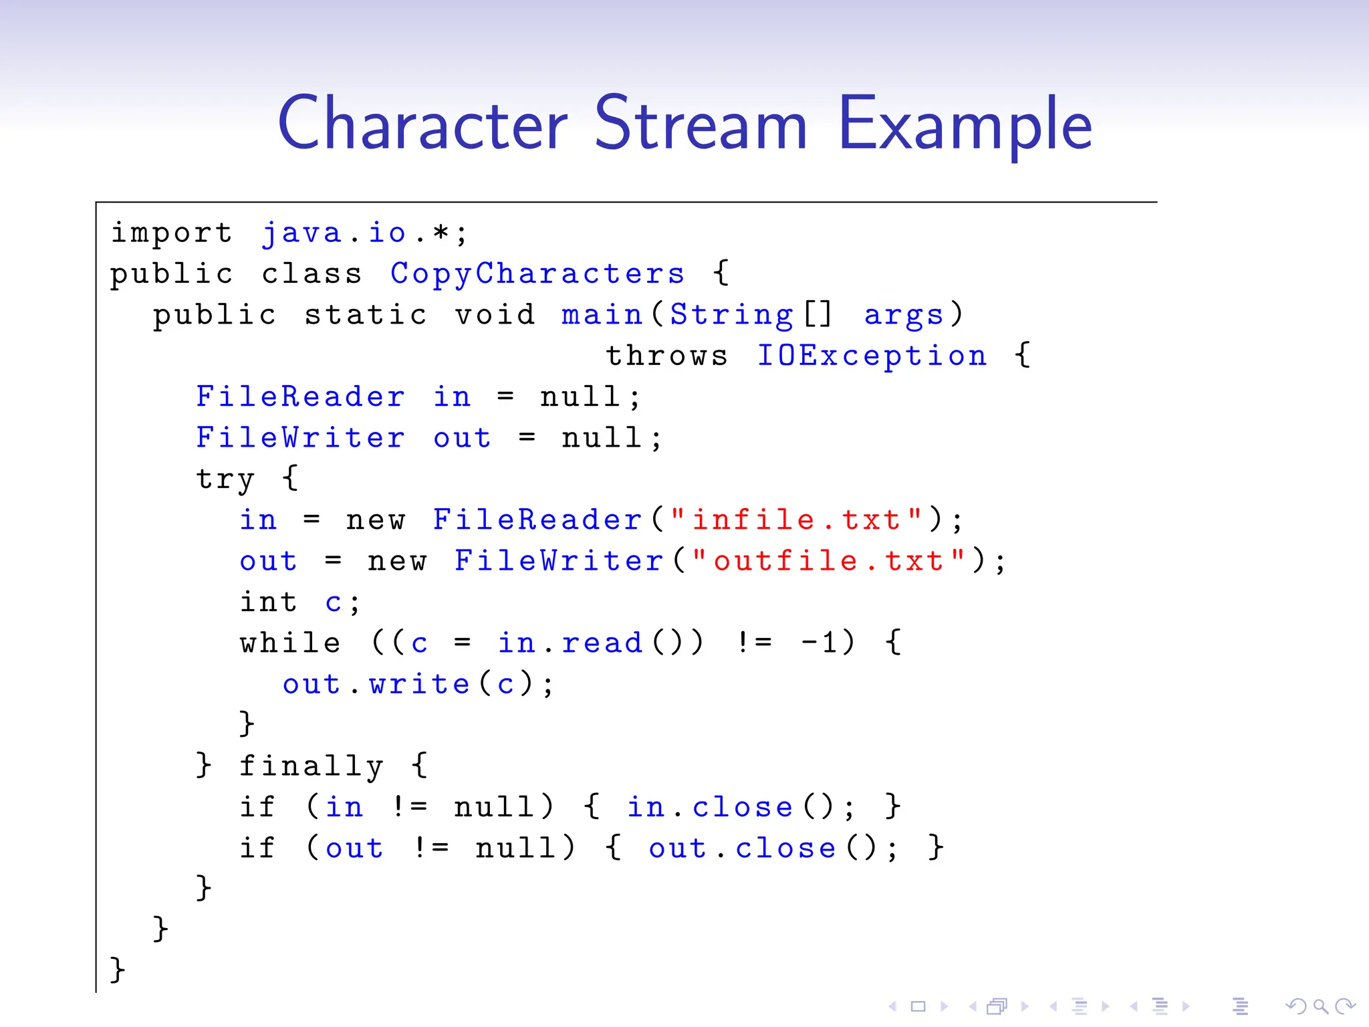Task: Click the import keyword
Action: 171,233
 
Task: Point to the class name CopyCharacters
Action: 537,273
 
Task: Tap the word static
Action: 365,315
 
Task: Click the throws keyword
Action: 666,356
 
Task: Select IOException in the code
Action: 872,356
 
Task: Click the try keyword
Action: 225,479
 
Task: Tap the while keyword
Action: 290,643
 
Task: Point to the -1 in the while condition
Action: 818,643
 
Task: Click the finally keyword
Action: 312,766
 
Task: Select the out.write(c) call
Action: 409,685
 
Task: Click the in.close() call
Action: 731,808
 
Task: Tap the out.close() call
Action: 763,848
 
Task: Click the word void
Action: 495,315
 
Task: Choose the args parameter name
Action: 904,315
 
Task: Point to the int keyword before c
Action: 269,602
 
